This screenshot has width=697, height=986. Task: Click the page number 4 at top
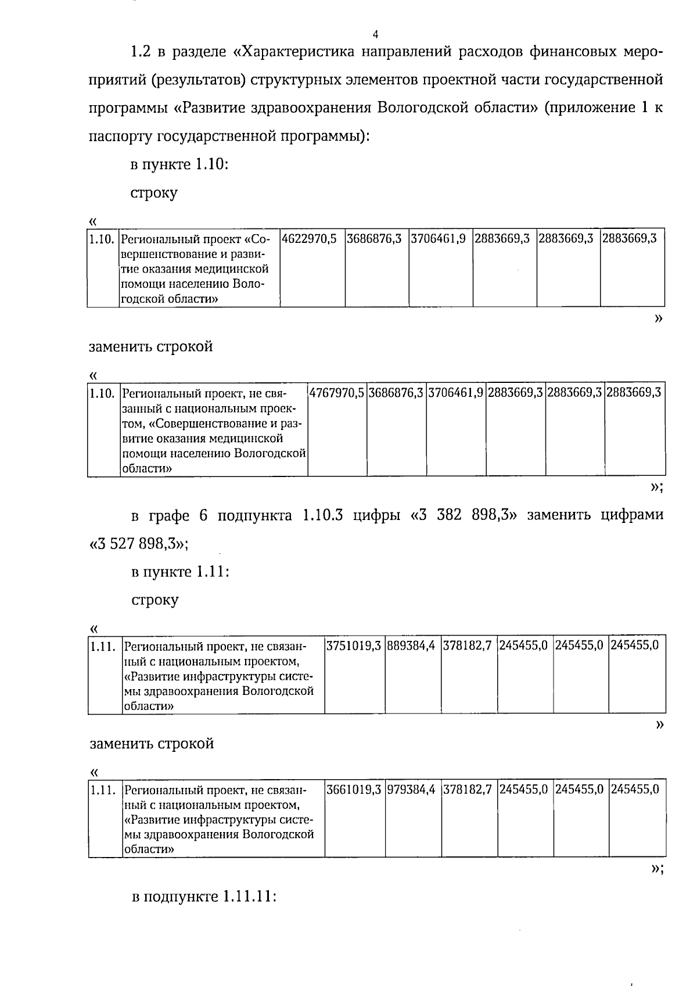[375, 33]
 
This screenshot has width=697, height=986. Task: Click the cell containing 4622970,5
[310, 239]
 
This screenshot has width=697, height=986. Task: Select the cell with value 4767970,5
[337, 392]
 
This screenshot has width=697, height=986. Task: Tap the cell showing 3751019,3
[354, 645]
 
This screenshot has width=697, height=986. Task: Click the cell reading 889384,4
[412, 645]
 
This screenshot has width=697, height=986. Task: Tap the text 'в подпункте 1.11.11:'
[203, 897]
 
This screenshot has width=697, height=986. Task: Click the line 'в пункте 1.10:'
[179, 164]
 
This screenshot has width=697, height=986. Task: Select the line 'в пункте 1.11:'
[180, 572]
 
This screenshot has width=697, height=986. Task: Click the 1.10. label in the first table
[102, 239]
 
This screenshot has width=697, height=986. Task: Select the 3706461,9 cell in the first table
[439, 239]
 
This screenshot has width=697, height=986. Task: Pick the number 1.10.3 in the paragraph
[323, 515]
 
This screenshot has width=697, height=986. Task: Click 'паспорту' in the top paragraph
[120, 137]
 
